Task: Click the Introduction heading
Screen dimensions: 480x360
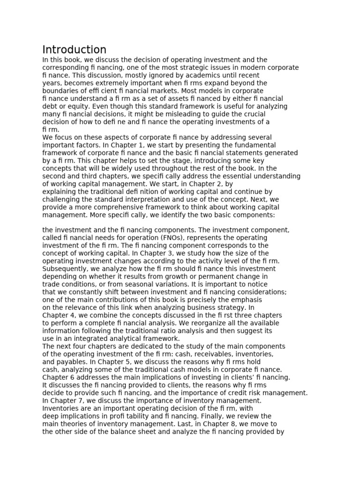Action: [x=74, y=50]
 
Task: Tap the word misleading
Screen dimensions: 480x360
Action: [x=176, y=114]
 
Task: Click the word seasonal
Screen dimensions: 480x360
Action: [x=134, y=284]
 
